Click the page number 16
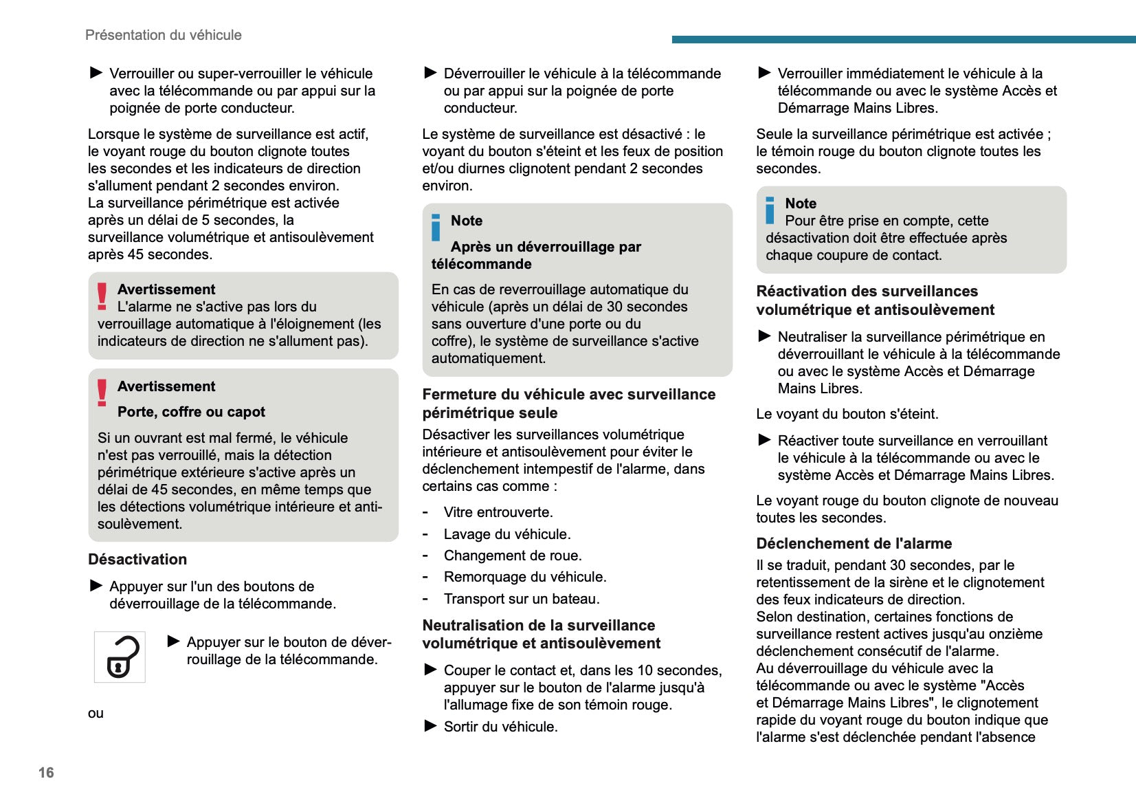pyautogui.click(x=46, y=772)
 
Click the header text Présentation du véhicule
pyautogui.click(x=164, y=35)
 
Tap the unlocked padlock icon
pyautogui.click(x=120, y=657)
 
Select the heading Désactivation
pyautogui.click(x=137, y=559)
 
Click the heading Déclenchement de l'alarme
pyautogui.click(x=854, y=543)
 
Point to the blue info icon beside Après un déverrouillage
pyautogui.click(x=436, y=228)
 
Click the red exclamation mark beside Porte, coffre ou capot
pyautogui.click(x=102, y=393)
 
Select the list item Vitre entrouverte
pyautogui.click(x=498, y=512)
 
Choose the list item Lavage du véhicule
pyautogui.click(x=507, y=534)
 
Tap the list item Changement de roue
pyautogui.click(x=513, y=556)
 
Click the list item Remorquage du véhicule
pyautogui.click(x=525, y=577)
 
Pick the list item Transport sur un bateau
pyautogui.click(x=522, y=599)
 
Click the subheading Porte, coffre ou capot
pyautogui.click(x=191, y=412)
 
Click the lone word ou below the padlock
pyautogui.click(x=96, y=713)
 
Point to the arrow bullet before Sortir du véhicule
pyautogui.click(x=431, y=725)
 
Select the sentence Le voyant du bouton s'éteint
pyautogui.click(x=847, y=414)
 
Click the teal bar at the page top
pyautogui.click(x=904, y=39)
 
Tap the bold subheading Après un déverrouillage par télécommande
pyautogui.click(x=536, y=255)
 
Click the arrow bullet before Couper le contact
pyautogui.click(x=431, y=669)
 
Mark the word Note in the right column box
pyautogui.click(x=801, y=204)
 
